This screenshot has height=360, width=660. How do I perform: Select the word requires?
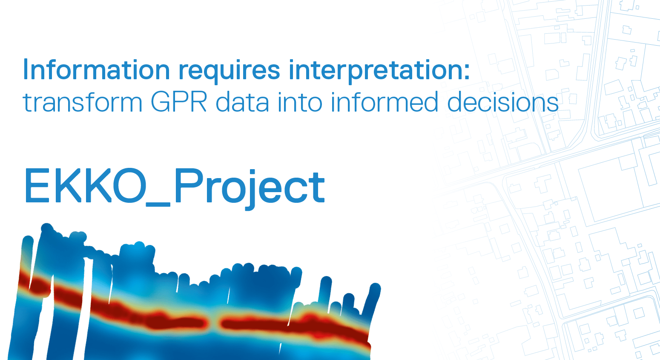pos(229,72)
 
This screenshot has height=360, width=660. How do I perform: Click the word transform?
pos(83,101)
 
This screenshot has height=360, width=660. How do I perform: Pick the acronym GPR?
pos(179,102)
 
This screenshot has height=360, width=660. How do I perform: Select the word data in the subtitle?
pos(242,101)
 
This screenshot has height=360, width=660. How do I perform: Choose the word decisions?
pos(503,101)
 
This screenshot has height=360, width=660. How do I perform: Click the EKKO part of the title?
pos(86,185)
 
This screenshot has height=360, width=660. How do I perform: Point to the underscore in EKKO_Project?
pos(158,204)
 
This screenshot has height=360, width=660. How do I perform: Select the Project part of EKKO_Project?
pos(250,189)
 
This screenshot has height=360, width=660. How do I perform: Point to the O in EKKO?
pos(129,185)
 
